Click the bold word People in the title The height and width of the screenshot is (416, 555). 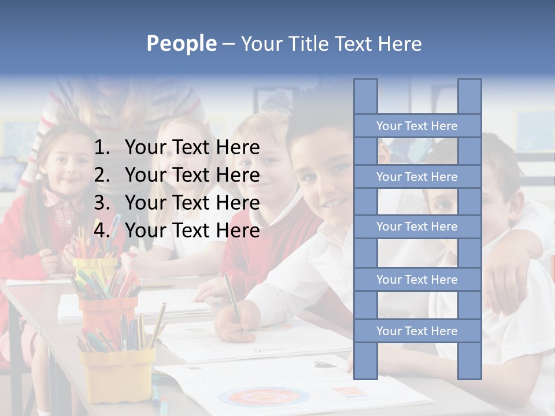181,43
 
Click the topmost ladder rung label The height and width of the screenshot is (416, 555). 417,126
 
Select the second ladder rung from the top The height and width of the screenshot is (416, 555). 417,177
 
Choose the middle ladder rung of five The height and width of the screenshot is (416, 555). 417,226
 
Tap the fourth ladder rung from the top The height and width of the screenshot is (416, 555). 417,280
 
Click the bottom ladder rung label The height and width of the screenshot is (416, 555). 417,331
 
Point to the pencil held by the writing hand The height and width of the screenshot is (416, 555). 232,296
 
